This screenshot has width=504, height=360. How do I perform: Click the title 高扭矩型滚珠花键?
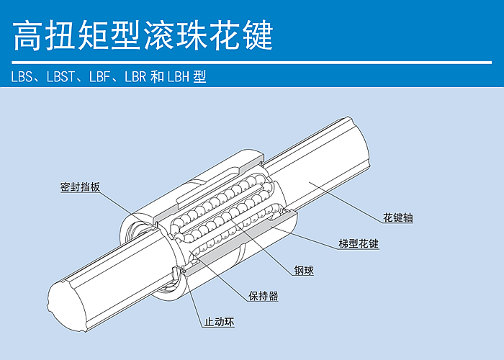[143, 36]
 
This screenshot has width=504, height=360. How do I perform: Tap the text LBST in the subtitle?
[61, 77]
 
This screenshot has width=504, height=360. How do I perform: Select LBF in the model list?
[100, 77]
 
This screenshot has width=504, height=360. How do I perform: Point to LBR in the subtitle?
[135, 77]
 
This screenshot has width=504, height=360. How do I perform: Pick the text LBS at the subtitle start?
[22, 77]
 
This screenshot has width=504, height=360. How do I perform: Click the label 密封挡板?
[80, 187]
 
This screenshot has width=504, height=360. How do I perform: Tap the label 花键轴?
[398, 217]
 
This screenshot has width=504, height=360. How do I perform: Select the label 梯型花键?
[359, 243]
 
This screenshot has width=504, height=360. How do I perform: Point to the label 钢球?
[304, 270]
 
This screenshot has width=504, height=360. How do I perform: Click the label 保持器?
[264, 296]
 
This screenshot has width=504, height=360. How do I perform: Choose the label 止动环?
[220, 322]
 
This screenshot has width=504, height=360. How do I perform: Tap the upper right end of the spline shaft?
[359, 141]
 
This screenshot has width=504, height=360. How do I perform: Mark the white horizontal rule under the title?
[252, 63]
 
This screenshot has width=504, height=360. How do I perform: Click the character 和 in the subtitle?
[158, 77]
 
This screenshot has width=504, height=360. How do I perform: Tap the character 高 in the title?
[27, 36]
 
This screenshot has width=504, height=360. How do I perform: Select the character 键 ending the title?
[259, 36]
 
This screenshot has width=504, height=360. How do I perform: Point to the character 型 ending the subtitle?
[199, 77]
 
